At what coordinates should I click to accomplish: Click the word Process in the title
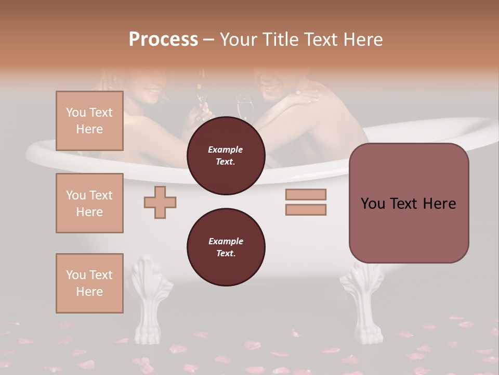tap(163, 40)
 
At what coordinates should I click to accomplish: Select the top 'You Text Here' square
tap(89, 121)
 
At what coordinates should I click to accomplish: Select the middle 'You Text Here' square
tap(89, 203)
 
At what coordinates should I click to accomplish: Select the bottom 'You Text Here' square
tap(89, 283)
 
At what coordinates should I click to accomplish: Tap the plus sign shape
tap(160, 202)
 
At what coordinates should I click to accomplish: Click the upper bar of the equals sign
tap(306, 194)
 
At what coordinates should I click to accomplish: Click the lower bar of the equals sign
tap(306, 209)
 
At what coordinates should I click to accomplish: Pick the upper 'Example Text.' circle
tap(226, 156)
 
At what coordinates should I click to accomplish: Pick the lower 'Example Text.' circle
tap(226, 247)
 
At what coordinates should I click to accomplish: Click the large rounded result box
tap(409, 203)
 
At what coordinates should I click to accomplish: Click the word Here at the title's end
tap(362, 40)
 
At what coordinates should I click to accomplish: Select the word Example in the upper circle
tap(226, 149)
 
